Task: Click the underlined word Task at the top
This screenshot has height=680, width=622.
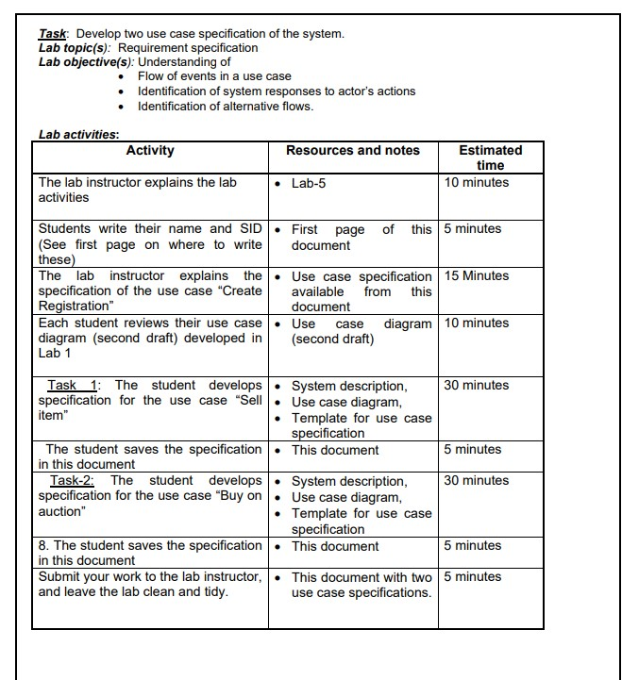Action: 52,34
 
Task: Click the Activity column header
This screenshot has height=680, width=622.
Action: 150,151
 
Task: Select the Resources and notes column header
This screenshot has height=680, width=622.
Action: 352,151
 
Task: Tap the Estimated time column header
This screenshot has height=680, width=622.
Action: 490,158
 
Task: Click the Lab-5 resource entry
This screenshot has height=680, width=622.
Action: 308,183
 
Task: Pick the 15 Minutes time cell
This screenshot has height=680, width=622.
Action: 477,276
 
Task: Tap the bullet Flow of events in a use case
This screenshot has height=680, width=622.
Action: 214,76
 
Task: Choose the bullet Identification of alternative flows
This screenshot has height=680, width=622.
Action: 226,106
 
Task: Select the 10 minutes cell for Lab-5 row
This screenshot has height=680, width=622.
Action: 477,183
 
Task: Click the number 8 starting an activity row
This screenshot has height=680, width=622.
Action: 42,546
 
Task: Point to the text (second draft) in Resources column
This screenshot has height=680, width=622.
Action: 332,340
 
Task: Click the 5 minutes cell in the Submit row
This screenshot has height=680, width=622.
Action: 473,577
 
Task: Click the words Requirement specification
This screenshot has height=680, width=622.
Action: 188,48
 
